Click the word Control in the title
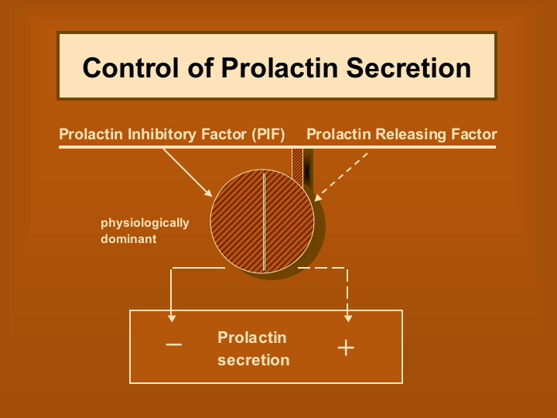click(x=131, y=67)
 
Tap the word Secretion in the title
click(x=408, y=67)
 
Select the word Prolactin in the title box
click(x=279, y=67)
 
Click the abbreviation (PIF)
click(x=268, y=135)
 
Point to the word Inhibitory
click(x=162, y=135)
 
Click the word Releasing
click(x=411, y=135)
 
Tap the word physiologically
click(x=145, y=223)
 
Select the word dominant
click(x=128, y=239)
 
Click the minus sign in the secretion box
click(x=174, y=344)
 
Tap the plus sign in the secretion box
click(x=346, y=348)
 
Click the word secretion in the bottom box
click(x=253, y=361)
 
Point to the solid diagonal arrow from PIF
click(x=187, y=173)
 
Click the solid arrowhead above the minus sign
click(x=172, y=318)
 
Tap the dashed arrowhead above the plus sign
click(x=348, y=318)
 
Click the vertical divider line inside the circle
click(x=264, y=221)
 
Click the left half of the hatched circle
click(x=237, y=221)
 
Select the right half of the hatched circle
click(x=289, y=221)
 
